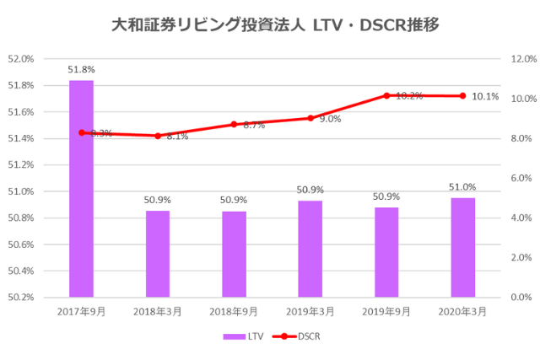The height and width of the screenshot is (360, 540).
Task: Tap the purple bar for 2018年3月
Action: point(158,254)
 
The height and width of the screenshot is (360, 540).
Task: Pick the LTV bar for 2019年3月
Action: point(310,249)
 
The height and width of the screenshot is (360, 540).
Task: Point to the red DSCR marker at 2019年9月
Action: point(386,96)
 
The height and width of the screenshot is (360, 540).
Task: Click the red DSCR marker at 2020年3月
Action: point(462,96)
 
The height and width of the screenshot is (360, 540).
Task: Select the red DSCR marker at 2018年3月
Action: point(158,136)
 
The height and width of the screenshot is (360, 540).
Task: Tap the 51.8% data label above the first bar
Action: point(82,69)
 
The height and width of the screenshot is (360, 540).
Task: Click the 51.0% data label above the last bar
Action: point(462,187)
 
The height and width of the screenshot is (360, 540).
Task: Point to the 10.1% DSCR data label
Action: point(485,97)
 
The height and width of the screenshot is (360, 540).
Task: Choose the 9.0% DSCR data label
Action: point(330,119)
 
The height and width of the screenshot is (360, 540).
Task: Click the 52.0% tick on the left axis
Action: point(20,59)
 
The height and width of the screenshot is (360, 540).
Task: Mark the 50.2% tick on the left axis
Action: point(20,298)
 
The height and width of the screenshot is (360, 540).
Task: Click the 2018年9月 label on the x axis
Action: point(234,311)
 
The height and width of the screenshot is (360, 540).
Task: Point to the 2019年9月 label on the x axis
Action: point(386,311)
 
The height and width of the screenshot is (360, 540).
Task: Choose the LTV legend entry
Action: point(244,336)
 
